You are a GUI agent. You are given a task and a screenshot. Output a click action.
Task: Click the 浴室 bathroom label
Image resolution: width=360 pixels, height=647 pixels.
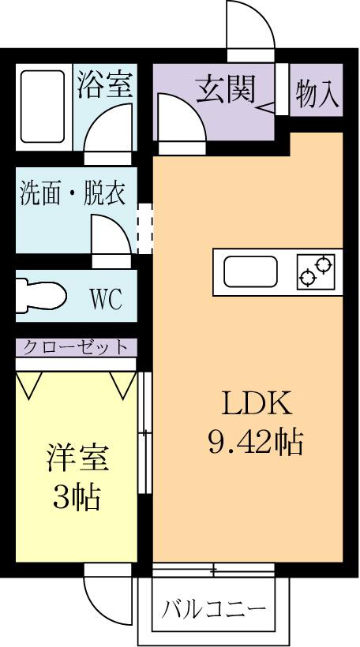click(104, 85)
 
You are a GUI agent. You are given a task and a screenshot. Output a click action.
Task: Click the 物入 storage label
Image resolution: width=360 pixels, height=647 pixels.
click(317, 94)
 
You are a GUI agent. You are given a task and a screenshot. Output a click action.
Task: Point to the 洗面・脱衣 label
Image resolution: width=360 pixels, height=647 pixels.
click(73, 194)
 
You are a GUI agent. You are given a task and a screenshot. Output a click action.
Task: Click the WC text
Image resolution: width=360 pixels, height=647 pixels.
click(106, 299)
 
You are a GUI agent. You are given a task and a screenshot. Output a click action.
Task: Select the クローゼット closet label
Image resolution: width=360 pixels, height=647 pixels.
click(75, 347)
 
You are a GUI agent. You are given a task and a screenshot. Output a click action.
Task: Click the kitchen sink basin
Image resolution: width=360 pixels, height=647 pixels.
click(249, 273)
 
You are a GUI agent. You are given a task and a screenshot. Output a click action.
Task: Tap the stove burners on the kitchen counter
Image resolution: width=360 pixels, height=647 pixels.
click(317, 272)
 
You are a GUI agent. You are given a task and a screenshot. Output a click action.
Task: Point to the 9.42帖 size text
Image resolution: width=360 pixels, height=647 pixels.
click(256, 443)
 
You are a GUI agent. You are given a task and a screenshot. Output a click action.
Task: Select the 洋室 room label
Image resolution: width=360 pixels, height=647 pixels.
click(77, 458)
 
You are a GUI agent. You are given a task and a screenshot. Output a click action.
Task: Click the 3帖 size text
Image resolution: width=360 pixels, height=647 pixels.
click(77, 496)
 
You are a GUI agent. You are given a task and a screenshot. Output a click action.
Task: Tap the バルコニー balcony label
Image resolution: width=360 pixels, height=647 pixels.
click(214, 609)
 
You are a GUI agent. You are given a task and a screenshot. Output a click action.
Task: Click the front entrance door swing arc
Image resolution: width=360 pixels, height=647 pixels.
click(251, 24)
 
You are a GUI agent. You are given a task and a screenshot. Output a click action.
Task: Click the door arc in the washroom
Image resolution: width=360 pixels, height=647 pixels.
click(110, 236)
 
